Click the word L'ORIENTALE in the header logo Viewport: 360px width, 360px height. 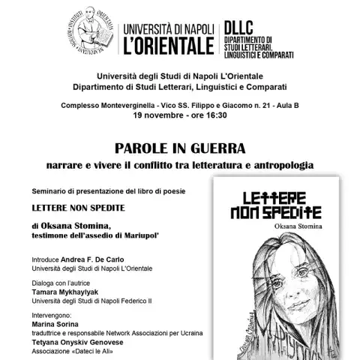(171, 46)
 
